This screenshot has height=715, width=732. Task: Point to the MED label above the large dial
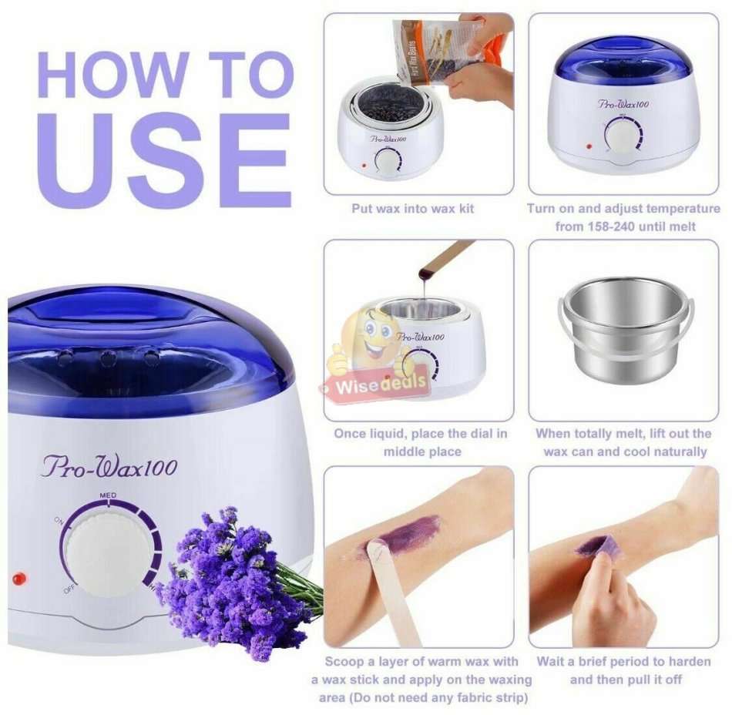[108, 494]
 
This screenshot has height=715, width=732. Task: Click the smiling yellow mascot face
[368, 339]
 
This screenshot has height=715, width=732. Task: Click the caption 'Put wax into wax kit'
[413, 209]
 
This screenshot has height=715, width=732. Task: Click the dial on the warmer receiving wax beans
[388, 162]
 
